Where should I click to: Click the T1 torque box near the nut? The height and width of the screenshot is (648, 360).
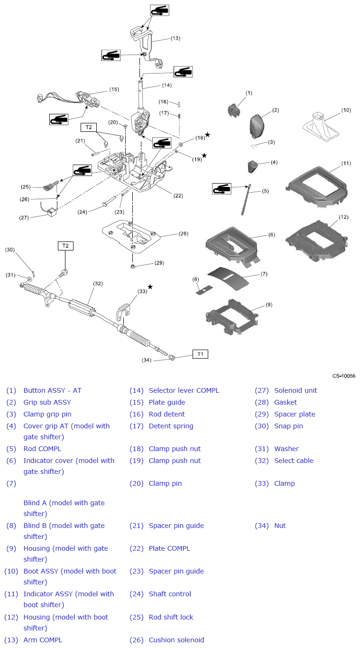[200, 354]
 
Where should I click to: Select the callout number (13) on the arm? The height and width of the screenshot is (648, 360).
[175, 38]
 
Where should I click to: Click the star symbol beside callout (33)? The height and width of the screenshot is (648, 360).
[150, 287]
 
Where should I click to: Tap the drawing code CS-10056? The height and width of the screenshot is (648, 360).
[343, 376]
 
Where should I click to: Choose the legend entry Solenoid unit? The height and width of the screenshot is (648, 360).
[295, 390]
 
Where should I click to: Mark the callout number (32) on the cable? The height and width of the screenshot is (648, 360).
[98, 284]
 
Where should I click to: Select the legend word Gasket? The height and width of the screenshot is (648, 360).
[285, 402]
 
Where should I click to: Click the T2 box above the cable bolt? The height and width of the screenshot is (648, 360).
[65, 246]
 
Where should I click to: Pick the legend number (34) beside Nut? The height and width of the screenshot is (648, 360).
[261, 526]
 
